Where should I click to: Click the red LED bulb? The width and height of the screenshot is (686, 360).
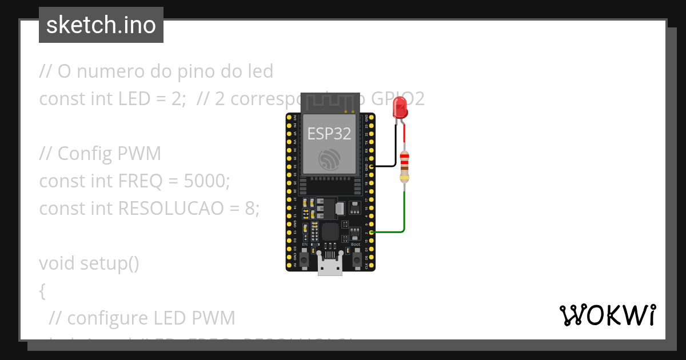click(400, 107)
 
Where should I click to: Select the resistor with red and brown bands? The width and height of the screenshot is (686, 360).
click(405, 166)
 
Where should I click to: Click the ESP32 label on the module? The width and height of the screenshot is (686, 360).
click(329, 133)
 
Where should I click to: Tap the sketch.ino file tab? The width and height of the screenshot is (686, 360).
click(101, 25)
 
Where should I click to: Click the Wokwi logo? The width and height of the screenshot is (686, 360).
click(607, 315)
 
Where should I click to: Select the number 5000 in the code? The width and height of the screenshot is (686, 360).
click(205, 181)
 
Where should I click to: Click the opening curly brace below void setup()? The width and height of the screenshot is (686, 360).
click(42, 291)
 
